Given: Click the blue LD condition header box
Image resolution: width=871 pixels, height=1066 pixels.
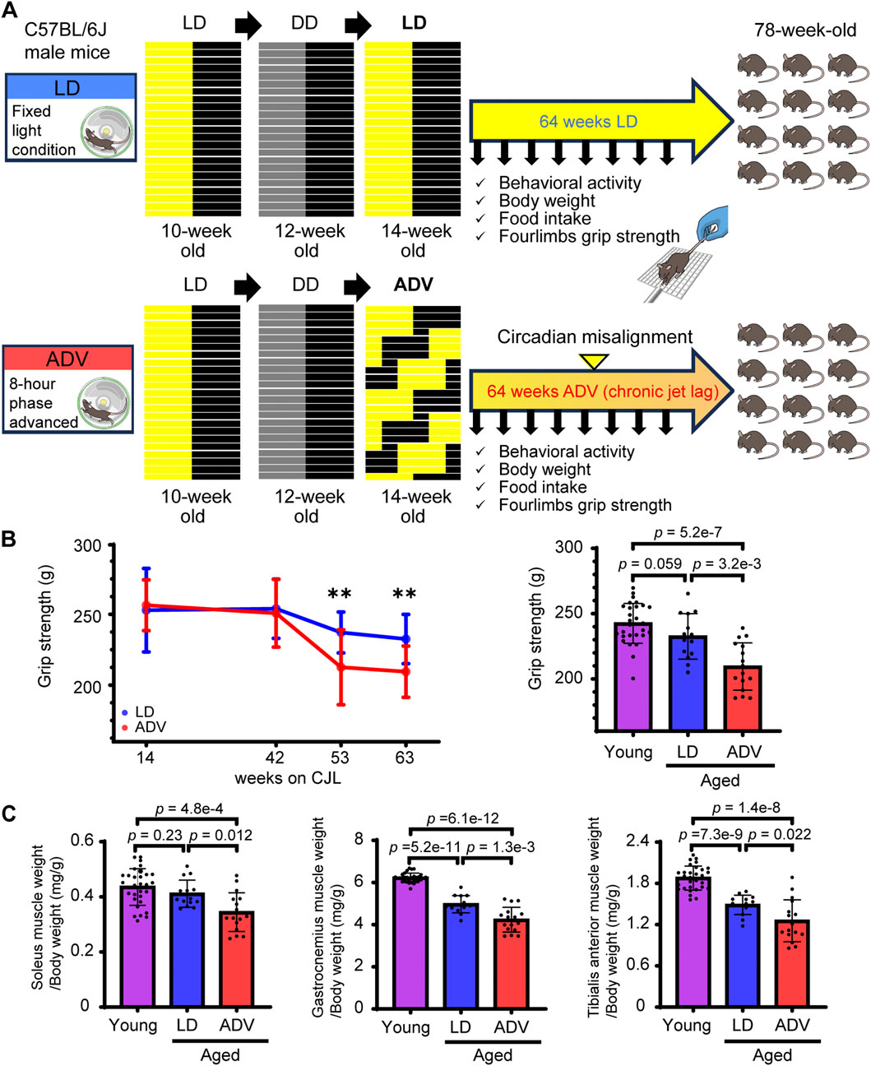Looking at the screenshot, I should pos(70,87).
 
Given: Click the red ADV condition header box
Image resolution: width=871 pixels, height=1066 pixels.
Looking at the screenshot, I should pos(67,359).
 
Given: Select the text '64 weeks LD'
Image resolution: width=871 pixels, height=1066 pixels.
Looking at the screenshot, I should pos(588,122).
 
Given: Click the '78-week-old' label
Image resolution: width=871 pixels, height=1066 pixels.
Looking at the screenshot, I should pos(805,30).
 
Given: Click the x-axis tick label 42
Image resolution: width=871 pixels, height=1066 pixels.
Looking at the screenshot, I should pos(275,757).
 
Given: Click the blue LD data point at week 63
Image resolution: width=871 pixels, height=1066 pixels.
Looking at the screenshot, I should pos(405,639).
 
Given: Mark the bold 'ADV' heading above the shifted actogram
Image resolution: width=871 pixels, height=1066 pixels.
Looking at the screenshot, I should pos(413,285).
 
